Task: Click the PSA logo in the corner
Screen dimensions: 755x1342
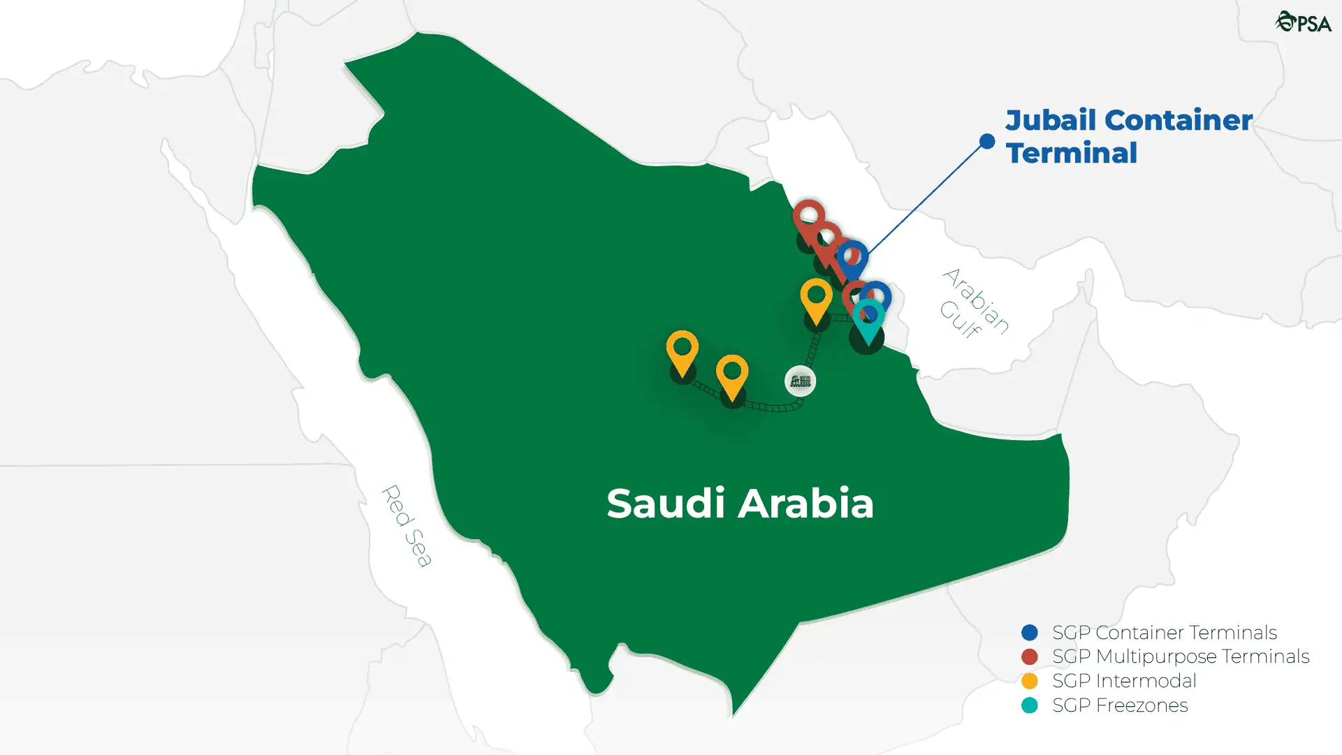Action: tap(1303, 22)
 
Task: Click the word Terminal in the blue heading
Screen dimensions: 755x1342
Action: tap(1072, 153)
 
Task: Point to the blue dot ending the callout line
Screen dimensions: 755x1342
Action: tap(987, 142)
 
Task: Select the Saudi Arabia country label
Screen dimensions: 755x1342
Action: tap(740, 503)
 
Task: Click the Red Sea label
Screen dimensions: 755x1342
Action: tap(407, 525)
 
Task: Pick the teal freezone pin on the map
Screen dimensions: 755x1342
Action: tap(868, 318)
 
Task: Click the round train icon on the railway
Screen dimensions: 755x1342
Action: tap(800, 381)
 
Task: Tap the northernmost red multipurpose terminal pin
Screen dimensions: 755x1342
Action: tap(808, 216)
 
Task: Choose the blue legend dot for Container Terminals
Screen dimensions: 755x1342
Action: tap(1029, 633)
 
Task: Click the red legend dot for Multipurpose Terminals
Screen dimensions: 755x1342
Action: tap(1029, 657)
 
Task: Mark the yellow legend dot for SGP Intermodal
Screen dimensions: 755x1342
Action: tap(1029, 681)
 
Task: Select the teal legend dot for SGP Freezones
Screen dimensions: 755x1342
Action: tap(1029, 705)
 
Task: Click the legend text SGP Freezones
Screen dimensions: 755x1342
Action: tap(1120, 705)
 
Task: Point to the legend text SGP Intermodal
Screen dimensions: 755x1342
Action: tap(1124, 681)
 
